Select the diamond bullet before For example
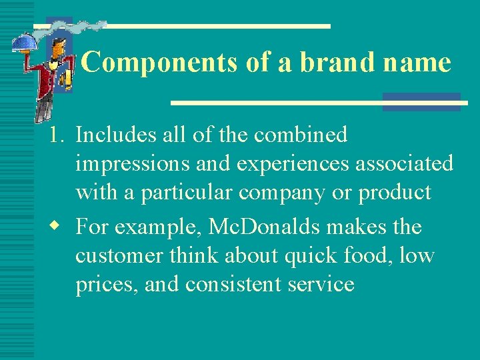(56, 227)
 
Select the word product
(395, 193)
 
